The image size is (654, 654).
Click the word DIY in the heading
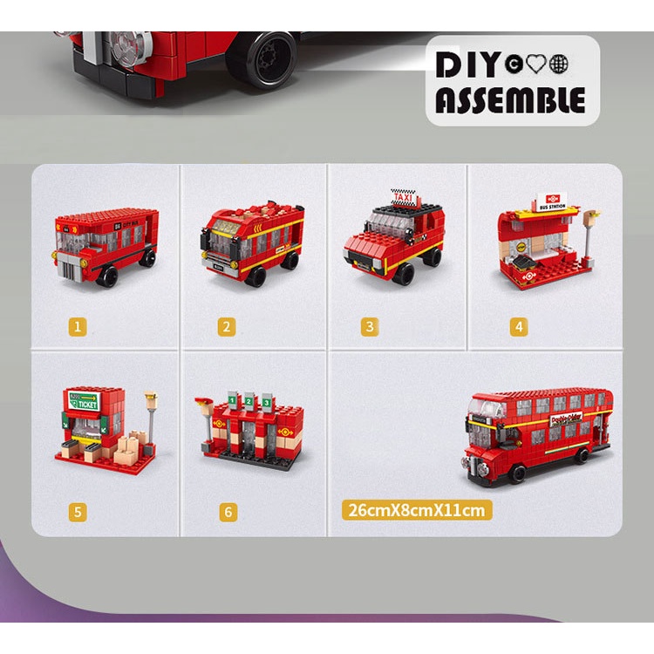pyautogui.click(x=468, y=65)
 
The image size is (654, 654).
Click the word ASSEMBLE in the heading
pyautogui.click(x=509, y=99)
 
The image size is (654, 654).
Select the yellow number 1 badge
pyautogui.click(x=79, y=327)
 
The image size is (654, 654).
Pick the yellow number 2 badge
pyautogui.click(x=227, y=327)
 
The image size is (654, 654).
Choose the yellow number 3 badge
pyautogui.click(x=371, y=327)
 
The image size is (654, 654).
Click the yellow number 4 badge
pyautogui.click(x=519, y=327)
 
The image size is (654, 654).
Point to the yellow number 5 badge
pyautogui.click(x=79, y=512)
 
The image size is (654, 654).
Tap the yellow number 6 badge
pyautogui.click(x=228, y=512)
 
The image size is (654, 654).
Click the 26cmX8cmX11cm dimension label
pyautogui.click(x=417, y=509)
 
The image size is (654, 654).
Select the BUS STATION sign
pyautogui.click(x=553, y=202)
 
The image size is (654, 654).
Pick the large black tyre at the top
pyautogui.click(x=264, y=58)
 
